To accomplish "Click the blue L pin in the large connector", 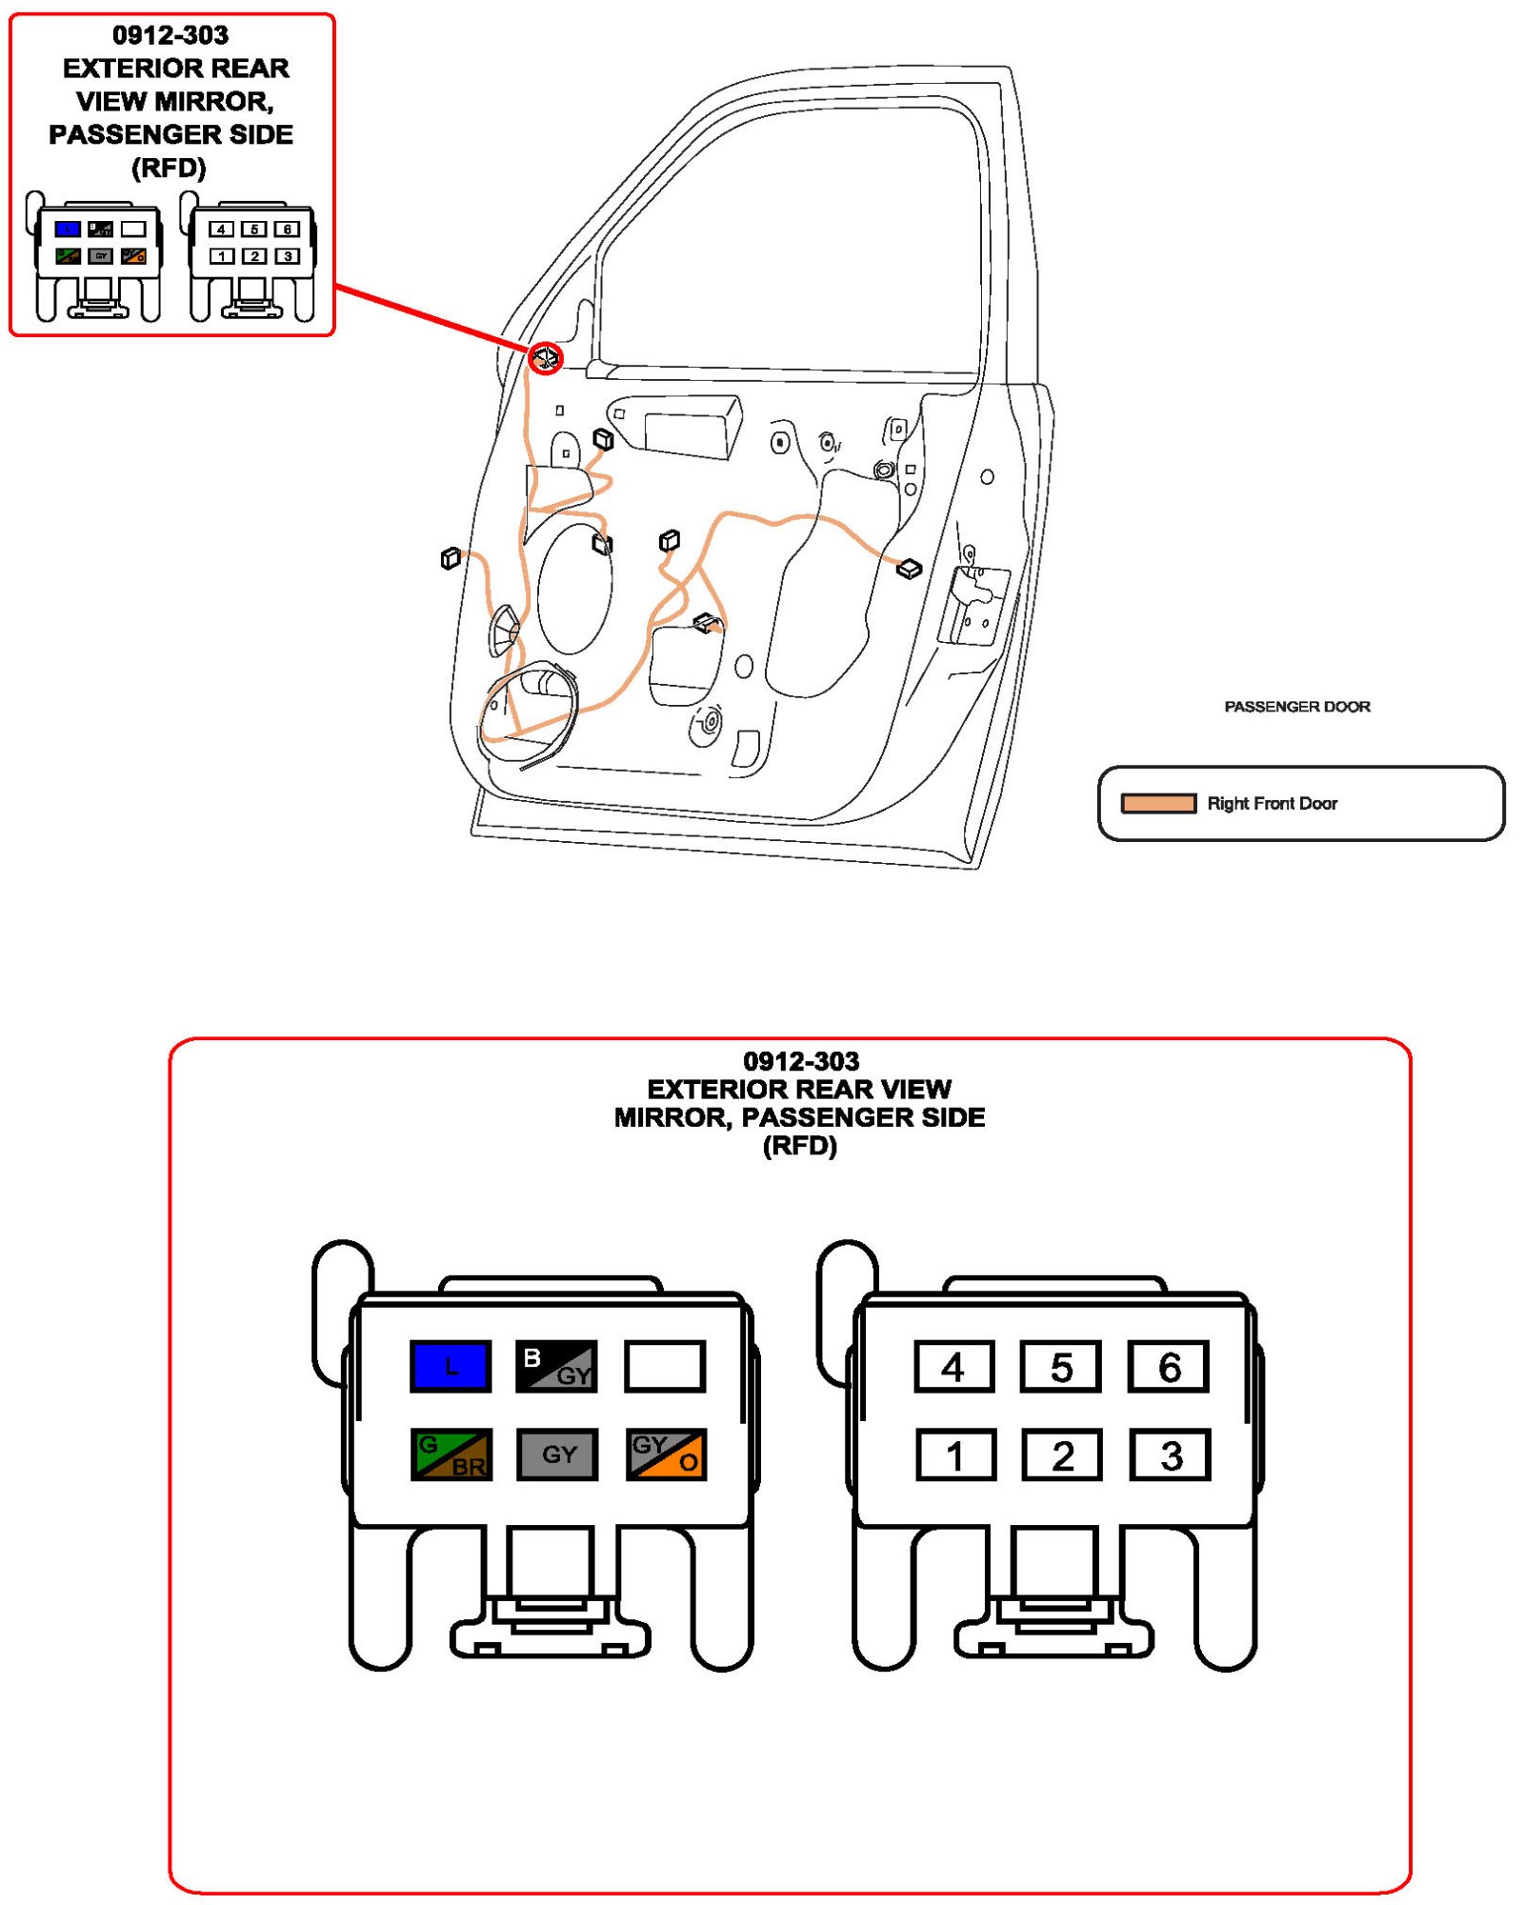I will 451,1366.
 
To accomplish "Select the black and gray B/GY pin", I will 556,1366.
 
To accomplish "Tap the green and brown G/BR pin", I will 451,1454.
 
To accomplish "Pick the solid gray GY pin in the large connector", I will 557,1454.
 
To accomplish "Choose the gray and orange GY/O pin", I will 666,1454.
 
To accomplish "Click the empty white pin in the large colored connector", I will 665,1366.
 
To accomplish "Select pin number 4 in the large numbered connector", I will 953,1366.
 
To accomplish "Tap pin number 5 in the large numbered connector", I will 1060,1366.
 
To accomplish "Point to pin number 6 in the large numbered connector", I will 1169,1366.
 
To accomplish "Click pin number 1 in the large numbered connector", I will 955,1454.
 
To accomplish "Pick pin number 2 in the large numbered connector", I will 1062,1454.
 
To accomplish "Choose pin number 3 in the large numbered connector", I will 1171,1454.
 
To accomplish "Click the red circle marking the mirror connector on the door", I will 546,358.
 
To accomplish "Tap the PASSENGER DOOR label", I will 1296,706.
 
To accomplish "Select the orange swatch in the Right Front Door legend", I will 1157,803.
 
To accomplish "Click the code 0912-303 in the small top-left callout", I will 170,35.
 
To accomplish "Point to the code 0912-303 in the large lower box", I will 800,1060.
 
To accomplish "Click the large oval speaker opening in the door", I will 574,589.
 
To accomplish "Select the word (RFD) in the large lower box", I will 800,1145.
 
